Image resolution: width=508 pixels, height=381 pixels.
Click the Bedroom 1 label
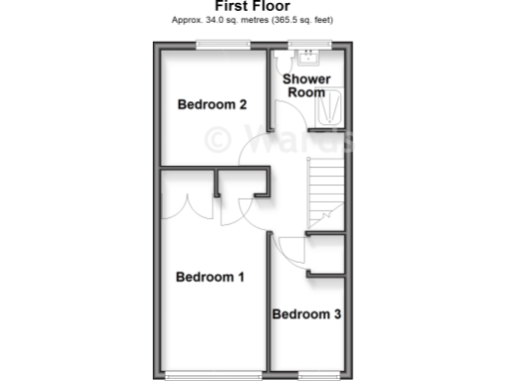[x=209, y=277]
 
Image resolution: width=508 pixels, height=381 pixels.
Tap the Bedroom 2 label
[x=211, y=104]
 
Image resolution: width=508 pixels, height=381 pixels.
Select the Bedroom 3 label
[x=307, y=315]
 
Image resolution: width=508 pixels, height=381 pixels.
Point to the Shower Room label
[x=306, y=84]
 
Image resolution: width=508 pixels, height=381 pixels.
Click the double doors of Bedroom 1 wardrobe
[x=193, y=205]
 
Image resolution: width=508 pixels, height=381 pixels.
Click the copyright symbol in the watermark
[x=219, y=140]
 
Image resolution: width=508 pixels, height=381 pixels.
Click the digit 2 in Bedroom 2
[x=241, y=104]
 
